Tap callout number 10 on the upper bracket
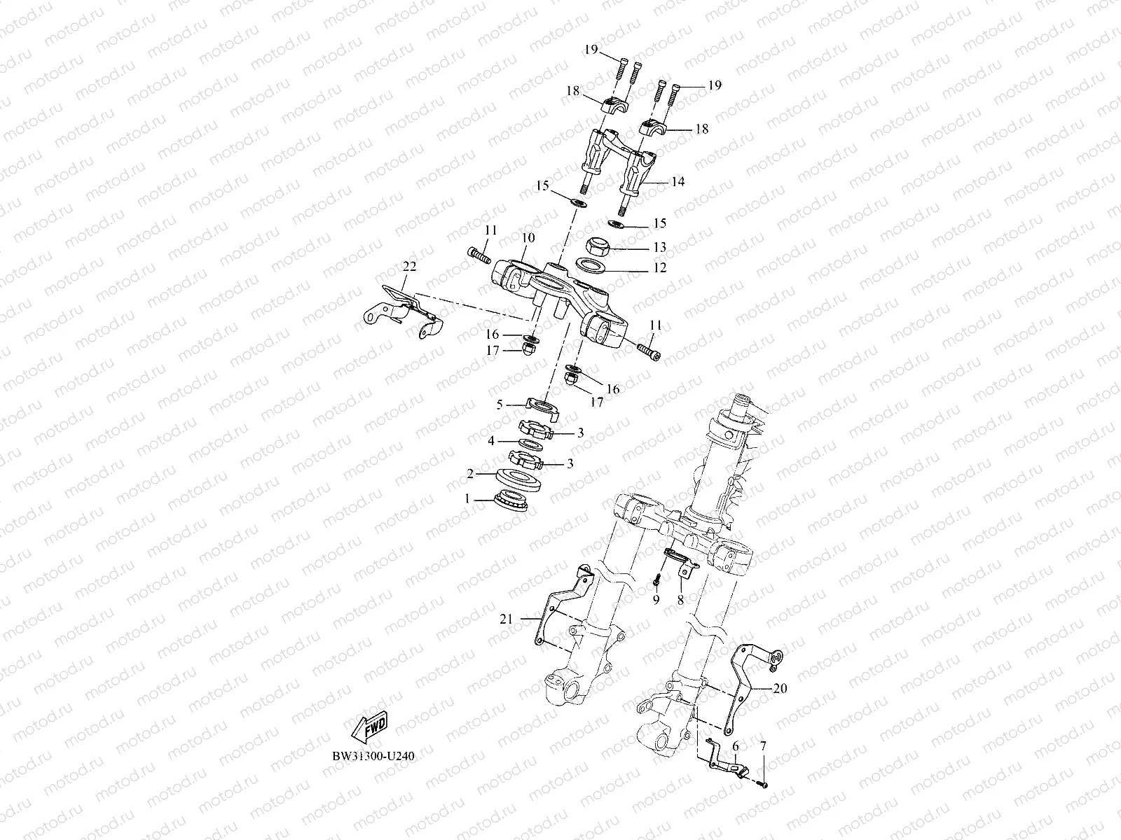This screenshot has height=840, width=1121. [528, 238]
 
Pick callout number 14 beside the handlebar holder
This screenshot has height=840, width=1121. [678, 182]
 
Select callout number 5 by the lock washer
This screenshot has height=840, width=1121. [500, 404]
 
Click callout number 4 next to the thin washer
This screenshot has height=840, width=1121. [492, 441]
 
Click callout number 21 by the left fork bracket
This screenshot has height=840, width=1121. [507, 619]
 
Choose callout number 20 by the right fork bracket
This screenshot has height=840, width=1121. [780, 689]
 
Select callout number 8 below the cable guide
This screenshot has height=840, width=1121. [680, 600]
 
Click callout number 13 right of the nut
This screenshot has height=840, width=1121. [659, 248]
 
